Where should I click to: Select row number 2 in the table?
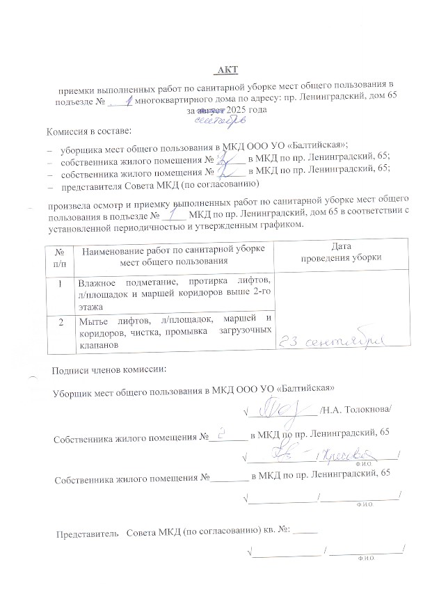[61, 321]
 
